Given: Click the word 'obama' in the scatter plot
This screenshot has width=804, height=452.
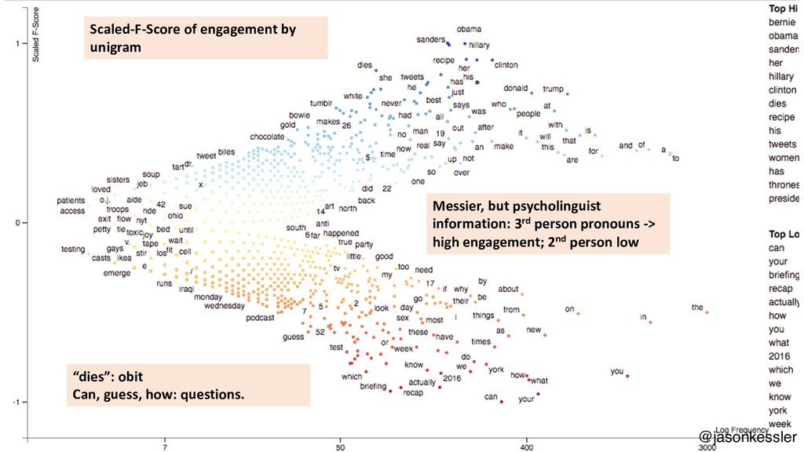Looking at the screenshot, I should (x=469, y=30).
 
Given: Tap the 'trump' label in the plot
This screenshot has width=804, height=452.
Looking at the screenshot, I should (x=554, y=89).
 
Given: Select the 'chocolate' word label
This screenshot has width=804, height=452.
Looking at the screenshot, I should (x=267, y=137).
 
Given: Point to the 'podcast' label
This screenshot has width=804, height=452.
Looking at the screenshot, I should (x=260, y=318).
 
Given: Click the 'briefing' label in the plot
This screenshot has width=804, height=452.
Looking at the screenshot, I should (x=373, y=386).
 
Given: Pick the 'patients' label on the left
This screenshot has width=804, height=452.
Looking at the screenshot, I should (x=71, y=201).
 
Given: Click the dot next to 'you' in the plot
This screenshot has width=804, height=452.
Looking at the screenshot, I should (x=627, y=377).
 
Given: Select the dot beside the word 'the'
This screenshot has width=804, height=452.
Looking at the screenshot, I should (x=707, y=312).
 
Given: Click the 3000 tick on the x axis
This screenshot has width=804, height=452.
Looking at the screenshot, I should (x=707, y=448).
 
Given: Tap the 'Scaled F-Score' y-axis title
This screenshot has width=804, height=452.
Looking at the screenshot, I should (x=35, y=36).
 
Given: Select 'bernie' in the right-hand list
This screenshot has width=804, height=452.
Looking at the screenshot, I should (x=782, y=23).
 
